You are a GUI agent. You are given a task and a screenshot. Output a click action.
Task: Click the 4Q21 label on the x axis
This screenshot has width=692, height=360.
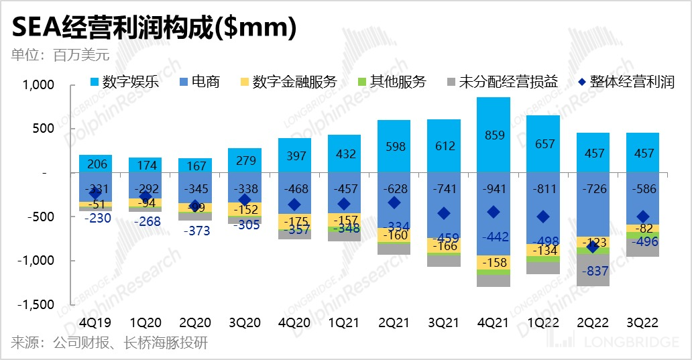pos(494,322)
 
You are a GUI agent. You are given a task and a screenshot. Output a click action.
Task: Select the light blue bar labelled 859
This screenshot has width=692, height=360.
pos(494,135)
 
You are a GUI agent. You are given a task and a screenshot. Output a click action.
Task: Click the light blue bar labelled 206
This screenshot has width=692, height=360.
pos(95,164)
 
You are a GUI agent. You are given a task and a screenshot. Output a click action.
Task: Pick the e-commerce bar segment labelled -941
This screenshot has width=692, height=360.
pos(494,214)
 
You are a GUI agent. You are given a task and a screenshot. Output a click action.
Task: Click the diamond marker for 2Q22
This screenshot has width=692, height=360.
pos(592,247)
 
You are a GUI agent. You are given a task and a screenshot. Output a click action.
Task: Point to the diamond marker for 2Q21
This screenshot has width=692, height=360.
pos(394,202)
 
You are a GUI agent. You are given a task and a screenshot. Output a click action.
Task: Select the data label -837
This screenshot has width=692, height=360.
pos(593,272)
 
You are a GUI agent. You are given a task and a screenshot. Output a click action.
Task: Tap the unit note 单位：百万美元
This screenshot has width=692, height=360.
pos(60,54)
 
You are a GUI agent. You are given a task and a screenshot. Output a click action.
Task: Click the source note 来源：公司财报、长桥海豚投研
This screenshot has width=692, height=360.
pos(109,343)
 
